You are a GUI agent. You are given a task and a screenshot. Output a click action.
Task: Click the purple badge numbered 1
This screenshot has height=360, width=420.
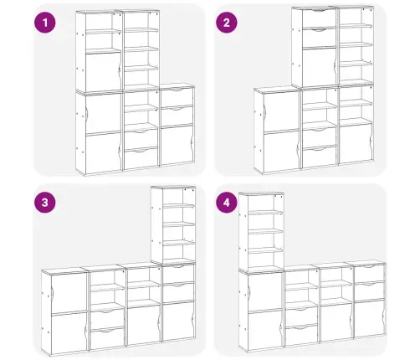click(45, 23)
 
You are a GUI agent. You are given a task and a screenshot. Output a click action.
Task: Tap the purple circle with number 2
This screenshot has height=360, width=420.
click(227, 23)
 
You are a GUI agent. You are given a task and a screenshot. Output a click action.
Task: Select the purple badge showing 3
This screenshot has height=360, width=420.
click(45, 202)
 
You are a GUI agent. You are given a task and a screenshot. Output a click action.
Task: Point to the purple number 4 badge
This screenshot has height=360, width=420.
click(227, 202)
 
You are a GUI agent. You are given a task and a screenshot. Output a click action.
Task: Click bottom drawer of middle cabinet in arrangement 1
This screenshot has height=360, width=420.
click(141, 158)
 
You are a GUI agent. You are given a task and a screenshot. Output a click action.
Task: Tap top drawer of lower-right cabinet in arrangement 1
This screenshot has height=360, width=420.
click(177, 97)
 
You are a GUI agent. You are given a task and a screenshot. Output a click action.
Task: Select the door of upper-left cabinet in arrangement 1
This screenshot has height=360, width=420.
click(104, 71)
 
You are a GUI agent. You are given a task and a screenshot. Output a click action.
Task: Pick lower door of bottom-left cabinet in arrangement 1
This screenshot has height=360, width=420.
click(104, 152)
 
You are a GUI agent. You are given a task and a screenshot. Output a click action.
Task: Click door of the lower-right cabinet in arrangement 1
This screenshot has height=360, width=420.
click(177, 145)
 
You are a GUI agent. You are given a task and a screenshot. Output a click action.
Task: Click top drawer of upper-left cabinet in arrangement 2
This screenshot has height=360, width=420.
click(319, 18)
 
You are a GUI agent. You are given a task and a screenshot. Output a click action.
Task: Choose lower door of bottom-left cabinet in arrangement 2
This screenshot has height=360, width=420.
click(281, 152)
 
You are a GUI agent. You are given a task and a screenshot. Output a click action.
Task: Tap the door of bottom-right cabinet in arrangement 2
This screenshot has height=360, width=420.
click(356, 142)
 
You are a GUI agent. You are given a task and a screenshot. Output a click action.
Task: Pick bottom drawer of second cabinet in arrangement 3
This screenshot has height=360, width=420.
click(108, 338)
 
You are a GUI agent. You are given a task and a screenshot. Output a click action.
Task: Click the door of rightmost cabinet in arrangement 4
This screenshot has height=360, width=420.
click(369, 318)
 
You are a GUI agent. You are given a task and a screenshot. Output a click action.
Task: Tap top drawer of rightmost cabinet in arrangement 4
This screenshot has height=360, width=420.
click(369, 274)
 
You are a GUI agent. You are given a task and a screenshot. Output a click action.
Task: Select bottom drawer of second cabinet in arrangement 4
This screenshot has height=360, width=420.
click(301, 335)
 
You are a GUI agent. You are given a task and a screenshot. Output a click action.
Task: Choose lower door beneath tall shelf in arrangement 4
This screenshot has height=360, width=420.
click(265, 330)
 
